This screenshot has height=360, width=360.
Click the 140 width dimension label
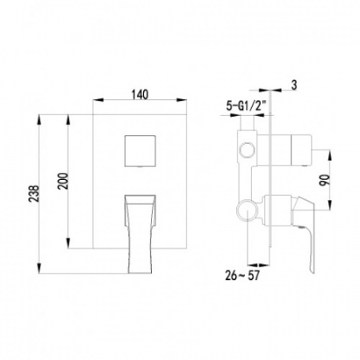point(141,93)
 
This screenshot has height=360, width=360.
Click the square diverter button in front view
point(141,152)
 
